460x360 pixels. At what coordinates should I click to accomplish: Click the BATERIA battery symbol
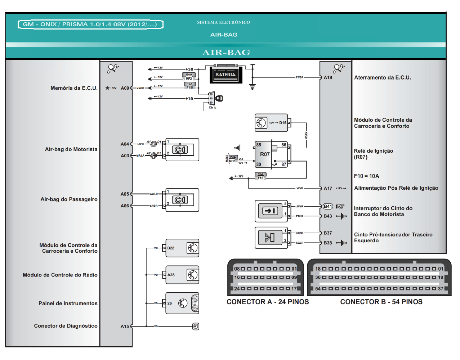tap(225, 75)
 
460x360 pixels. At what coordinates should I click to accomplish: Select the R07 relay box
tap(271, 154)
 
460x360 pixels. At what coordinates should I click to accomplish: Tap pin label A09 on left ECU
tap(125, 88)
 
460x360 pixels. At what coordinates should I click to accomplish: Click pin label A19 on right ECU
tap(328, 77)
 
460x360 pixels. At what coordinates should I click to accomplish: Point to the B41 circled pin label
tap(328, 206)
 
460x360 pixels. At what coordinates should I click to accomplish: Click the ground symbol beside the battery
tap(253, 87)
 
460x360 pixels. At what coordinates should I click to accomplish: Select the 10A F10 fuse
tap(260, 176)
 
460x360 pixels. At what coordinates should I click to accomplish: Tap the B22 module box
tap(182, 248)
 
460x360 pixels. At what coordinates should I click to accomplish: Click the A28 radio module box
tap(182, 275)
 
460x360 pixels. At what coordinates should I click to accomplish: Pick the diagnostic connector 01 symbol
tap(196, 327)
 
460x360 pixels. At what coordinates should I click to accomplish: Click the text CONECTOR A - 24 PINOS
tap(268, 302)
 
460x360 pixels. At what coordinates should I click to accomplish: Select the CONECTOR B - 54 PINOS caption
tap(381, 302)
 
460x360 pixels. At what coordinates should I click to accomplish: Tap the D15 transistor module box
tap(271, 123)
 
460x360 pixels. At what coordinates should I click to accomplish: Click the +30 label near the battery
tap(189, 69)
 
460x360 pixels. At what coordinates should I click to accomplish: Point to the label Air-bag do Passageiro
tap(69, 199)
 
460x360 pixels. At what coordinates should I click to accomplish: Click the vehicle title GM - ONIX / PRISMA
tap(90, 24)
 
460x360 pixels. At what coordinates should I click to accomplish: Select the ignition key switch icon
tap(219, 98)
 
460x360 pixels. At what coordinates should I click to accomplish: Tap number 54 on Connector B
tap(318, 289)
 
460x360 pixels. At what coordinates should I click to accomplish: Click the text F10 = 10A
tap(366, 176)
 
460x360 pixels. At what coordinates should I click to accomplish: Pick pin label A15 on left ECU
tap(125, 327)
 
